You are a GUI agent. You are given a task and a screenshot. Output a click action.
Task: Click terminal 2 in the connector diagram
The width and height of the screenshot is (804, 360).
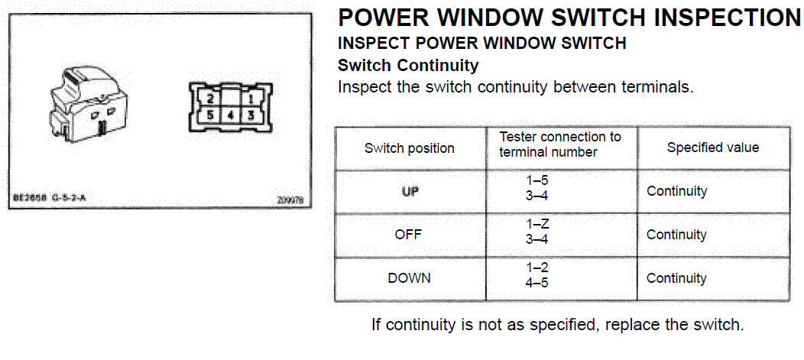[x=210, y=99]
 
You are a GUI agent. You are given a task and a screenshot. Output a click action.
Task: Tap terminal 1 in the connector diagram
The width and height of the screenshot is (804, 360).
[x=250, y=99]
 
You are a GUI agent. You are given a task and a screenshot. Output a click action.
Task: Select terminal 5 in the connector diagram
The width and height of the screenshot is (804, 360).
[x=210, y=115]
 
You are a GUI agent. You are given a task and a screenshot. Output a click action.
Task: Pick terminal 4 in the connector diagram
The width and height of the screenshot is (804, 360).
[x=231, y=115]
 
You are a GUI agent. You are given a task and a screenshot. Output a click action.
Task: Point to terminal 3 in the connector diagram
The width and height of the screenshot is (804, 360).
[x=250, y=115]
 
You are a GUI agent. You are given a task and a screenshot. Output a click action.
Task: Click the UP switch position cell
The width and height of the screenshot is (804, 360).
[x=410, y=191]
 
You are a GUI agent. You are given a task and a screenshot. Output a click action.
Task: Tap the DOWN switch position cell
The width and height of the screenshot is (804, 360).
[x=409, y=278]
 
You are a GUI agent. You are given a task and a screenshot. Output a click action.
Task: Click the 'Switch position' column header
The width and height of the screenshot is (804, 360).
[x=409, y=149]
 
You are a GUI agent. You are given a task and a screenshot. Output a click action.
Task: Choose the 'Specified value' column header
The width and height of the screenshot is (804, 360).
[x=713, y=148]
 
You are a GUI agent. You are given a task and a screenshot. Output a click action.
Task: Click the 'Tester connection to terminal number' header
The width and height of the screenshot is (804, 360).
[x=560, y=144]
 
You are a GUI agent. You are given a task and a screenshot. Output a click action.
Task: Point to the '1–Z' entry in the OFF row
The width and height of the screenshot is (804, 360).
[x=537, y=225]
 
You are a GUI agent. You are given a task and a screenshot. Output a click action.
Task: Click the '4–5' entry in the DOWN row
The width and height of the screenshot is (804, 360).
[x=537, y=283]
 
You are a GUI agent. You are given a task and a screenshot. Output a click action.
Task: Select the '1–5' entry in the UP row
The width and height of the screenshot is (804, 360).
[x=537, y=181]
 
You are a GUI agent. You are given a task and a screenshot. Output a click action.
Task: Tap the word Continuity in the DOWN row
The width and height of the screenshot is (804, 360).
[x=676, y=278]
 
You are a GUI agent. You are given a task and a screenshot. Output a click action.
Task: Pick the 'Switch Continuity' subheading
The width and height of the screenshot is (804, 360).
[x=408, y=66]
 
